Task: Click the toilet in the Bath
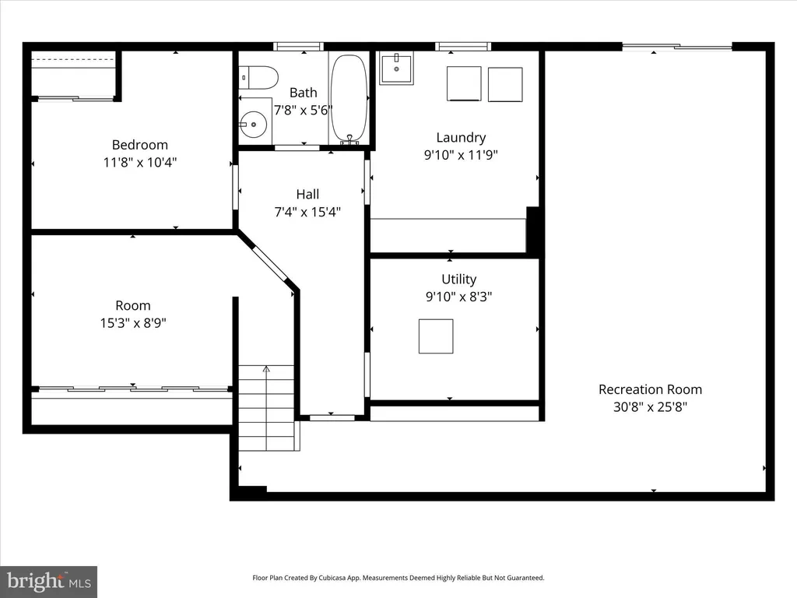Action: [x=258, y=78]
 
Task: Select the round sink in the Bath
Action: [x=253, y=124]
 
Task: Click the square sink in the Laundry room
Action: [x=396, y=68]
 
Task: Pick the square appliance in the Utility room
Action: [x=436, y=336]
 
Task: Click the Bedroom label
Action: [x=140, y=145]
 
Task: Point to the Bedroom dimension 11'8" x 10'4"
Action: [x=140, y=163]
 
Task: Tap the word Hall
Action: [x=307, y=194]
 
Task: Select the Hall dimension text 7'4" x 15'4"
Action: [x=307, y=212]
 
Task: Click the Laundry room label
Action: [x=461, y=138]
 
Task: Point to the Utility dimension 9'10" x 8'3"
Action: [x=459, y=297]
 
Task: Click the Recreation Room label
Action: [x=650, y=389]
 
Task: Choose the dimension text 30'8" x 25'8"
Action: [x=650, y=406]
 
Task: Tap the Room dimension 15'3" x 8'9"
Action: [x=133, y=323]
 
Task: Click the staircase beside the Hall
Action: [x=267, y=408]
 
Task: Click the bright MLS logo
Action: [x=49, y=582]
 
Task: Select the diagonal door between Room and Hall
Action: [x=270, y=263]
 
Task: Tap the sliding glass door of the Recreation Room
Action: [x=677, y=47]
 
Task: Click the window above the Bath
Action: [x=298, y=47]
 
